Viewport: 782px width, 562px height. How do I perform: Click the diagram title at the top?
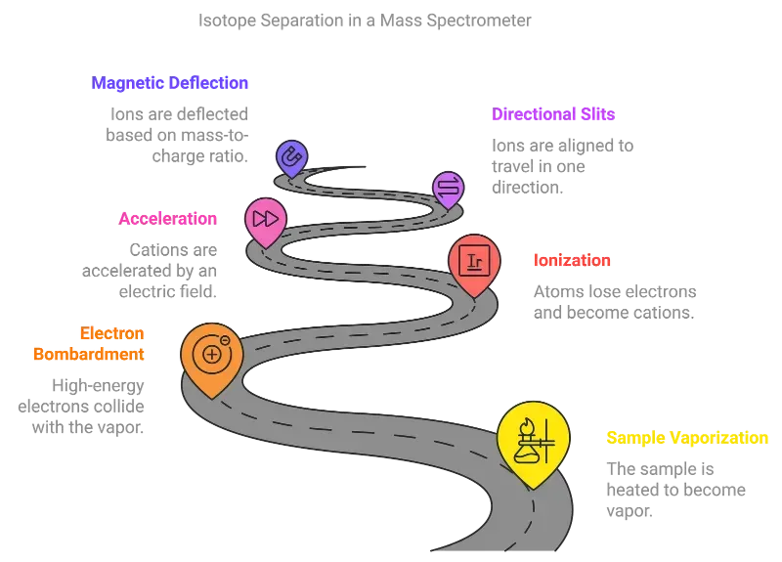pyautogui.click(x=365, y=20)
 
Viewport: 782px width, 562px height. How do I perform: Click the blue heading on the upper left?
pyautogui.click(x=169, y=84)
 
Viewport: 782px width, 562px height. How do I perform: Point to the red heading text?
pyautogui.click(x=572, y=261)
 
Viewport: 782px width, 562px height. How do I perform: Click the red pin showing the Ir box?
pyautogui.click(x=475, y=259)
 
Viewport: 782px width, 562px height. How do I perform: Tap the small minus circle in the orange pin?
pyautogui.click(x=225, y=339)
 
